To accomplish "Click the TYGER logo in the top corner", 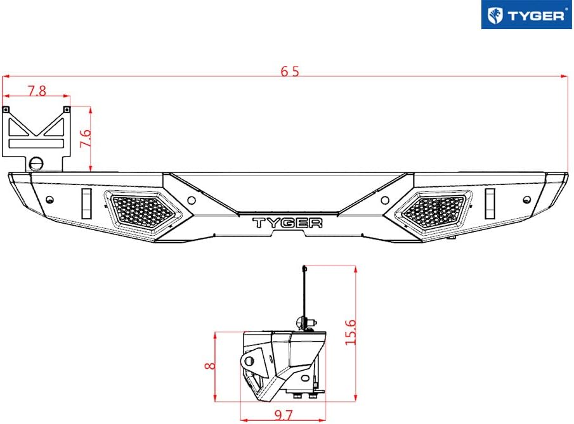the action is pos(526,15).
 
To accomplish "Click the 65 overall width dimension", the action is pos(290,71).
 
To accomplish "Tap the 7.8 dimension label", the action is pos(37,91).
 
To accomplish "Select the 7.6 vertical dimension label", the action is pos(85,138).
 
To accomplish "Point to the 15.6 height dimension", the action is pos(350,332).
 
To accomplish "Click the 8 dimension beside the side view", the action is pos(210,365).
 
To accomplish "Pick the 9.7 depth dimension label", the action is pos(284,415).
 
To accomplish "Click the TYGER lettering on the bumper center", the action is pos(287,223).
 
